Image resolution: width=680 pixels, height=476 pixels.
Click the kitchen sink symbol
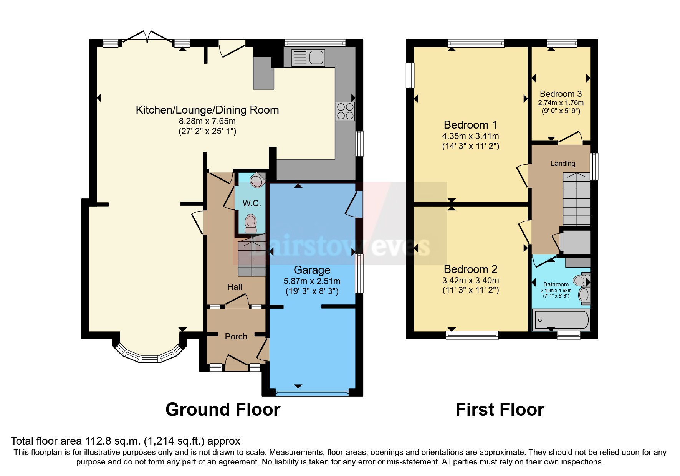click(308, 58)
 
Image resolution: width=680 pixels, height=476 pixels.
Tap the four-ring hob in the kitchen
click(345, 111)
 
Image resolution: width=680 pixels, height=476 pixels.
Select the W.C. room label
click(251, 203)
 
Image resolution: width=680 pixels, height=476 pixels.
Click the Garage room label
click(312, 270)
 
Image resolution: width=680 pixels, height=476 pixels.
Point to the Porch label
click(236, 336)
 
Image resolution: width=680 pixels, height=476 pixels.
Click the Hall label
click(235, 287)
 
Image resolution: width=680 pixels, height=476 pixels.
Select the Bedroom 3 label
click(561, 94)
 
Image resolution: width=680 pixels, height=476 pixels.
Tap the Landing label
click(563, 164)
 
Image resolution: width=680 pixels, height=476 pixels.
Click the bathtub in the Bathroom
click(561, 320)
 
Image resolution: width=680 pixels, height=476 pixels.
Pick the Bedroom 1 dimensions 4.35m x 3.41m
click(470, 136)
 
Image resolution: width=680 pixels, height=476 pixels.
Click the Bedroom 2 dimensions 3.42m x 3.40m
click(470, 280)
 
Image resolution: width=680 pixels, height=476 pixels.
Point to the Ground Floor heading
click(223, 410)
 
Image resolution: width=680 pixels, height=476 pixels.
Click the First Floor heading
click(500, 410)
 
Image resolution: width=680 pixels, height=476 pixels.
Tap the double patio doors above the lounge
click(147, 36)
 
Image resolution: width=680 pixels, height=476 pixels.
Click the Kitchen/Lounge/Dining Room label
click(207, 110)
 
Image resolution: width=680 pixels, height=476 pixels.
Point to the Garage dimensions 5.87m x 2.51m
click(312, 281)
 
